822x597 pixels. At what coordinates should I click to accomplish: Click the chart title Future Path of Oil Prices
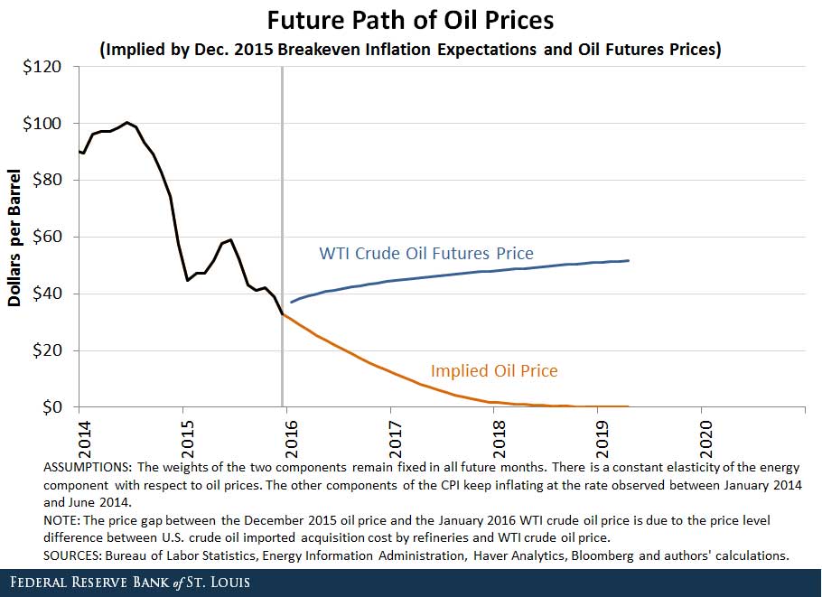point(410,19)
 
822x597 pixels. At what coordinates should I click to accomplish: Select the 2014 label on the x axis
point(79,434)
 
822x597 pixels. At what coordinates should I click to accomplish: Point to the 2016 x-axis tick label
point(286,434)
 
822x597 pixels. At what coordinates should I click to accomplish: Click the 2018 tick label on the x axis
point(494,434)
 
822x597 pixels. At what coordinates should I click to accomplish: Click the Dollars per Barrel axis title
point(15,237)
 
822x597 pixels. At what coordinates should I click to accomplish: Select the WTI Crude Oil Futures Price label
point(426,254)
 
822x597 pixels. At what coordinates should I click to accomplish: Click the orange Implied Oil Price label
point(494,370)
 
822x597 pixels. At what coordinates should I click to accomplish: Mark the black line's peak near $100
point(127,122)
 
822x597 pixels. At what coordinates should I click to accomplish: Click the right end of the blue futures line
point(628,260)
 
